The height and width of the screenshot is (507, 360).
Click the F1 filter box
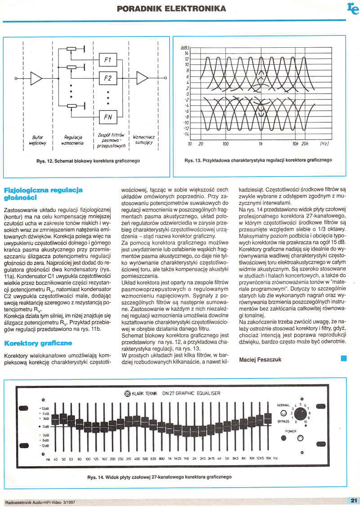(107, 60)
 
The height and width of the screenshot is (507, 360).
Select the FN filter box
(107, 117)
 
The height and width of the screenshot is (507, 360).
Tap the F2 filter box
(107, 79)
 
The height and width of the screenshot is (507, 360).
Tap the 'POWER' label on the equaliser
(291, 431)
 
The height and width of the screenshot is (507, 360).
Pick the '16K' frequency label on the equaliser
(268, 459)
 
